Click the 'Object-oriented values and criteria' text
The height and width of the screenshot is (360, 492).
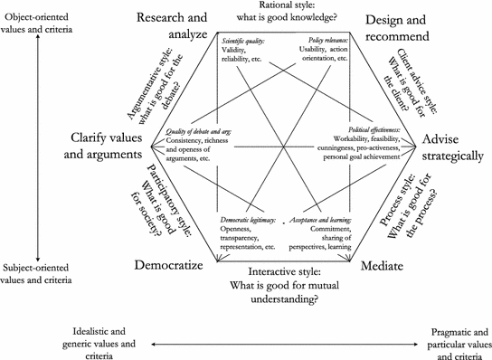42,14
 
